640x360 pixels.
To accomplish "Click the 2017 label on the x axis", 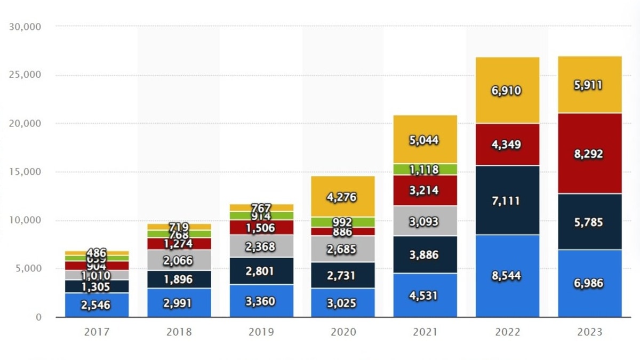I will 97,332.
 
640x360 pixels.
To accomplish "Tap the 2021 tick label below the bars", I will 425,332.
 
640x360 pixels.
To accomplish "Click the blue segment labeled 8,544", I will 503,276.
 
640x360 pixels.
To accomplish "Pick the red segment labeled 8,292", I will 589,154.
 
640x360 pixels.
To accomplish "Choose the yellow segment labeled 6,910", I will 503,90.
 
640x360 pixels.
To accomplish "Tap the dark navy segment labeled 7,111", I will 503,201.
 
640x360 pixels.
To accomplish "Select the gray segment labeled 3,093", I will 425,221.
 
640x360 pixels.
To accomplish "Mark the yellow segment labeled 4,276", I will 343,196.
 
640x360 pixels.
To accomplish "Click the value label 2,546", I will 97,306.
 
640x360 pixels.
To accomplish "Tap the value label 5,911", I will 589,85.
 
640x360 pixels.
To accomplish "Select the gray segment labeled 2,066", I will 179,260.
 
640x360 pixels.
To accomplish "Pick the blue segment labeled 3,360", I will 261,301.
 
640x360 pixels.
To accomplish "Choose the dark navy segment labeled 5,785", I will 589,221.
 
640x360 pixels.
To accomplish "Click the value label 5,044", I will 425,140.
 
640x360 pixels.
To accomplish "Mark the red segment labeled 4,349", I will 503,145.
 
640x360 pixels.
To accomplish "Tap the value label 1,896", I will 179,279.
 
